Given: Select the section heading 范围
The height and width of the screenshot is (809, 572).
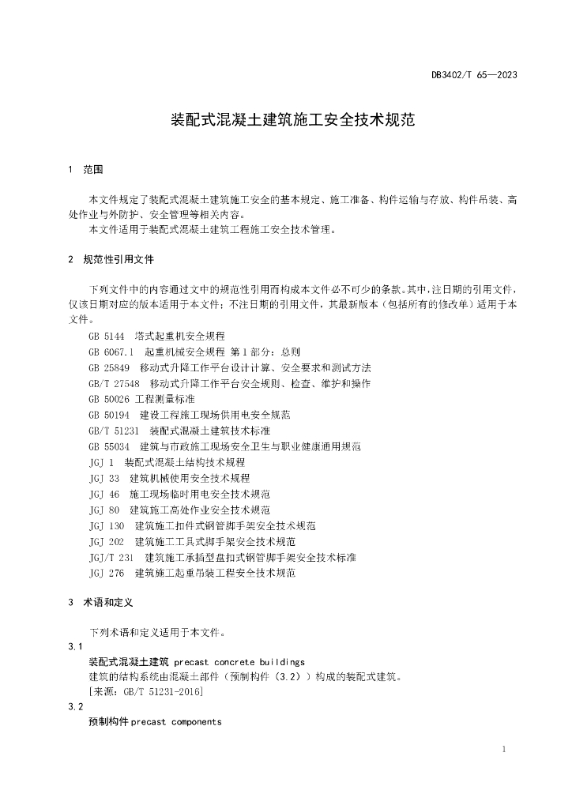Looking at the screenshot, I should coord(92,170).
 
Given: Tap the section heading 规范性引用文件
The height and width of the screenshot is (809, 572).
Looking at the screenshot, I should coord(119,259).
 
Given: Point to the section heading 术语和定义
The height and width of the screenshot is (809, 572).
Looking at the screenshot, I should coord(108,602).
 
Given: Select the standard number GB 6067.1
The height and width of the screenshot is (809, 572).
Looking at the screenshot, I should coord(112,352).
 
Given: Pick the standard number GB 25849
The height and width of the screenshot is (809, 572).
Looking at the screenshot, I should coord(109,368).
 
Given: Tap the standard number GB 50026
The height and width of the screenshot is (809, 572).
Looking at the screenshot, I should coord(109,399).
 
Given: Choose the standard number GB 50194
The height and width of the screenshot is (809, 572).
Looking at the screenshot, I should coord(109,415).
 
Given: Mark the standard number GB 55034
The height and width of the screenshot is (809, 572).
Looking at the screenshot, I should coord(109,446).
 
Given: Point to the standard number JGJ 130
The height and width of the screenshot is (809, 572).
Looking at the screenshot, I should coord(107,525).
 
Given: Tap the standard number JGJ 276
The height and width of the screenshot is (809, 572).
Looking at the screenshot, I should coord(107,573).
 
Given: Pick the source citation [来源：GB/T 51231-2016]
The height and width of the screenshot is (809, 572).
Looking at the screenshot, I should coord(146,692).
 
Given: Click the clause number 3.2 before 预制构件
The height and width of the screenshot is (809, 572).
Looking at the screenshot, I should coord(76,707).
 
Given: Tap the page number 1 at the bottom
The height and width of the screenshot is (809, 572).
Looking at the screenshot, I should coord(503,749).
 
